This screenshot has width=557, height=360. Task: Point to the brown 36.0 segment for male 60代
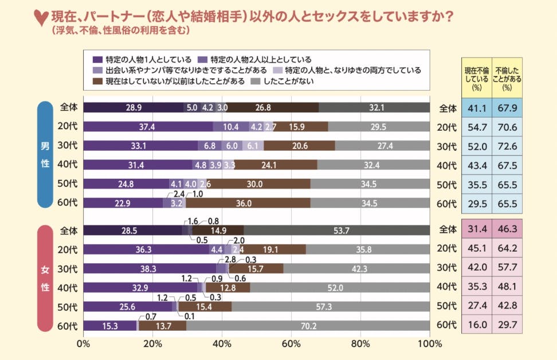pos(248,202)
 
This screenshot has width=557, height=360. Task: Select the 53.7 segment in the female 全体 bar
pos(336,230)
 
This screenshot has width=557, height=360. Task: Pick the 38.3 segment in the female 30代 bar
pos(150,268)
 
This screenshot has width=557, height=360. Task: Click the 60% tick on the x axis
pos(291,344)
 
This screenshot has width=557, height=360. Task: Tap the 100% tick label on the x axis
pos(429,344)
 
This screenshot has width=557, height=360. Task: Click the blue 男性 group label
pos(45,154)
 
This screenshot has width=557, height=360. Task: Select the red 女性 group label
pos(45,278)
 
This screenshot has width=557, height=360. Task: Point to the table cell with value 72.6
pos(507,146)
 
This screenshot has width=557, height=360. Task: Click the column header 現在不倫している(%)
pos(476,79)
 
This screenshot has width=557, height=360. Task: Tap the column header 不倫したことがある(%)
pos(507,79)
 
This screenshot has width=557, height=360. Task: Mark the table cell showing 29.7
pos(507,326)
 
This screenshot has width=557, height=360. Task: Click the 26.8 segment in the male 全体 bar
pos(272,107)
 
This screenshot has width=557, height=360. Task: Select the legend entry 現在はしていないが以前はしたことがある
pos(175,81)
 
